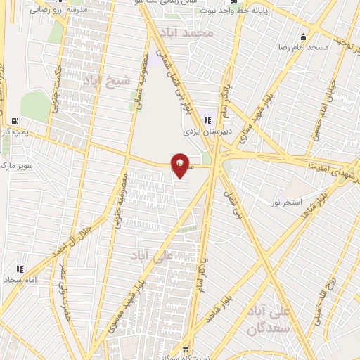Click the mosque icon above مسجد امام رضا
[303, 37]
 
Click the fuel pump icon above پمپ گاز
[15, 120]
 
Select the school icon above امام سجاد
[19, 269]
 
